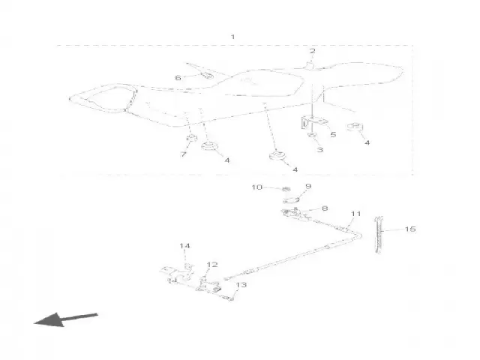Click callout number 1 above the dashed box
coord(232,37)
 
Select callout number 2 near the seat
coord(312,51)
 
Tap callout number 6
coord(178,78)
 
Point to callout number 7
coord(183,154)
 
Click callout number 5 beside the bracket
coord(333,134)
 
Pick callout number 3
coord(320,150)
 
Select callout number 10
coord(257,187)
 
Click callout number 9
coord(308,186)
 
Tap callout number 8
coord(325,208)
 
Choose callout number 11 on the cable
coord(355,213)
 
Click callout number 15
coord(410,229)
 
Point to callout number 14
coord(184,245)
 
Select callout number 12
coord(212,265)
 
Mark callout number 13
coord(241,285)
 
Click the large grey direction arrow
coord(65,319)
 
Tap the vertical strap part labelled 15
coord(379,235)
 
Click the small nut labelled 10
coord(286,189)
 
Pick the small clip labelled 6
coord(207,75)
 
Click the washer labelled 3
coord(312,135)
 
